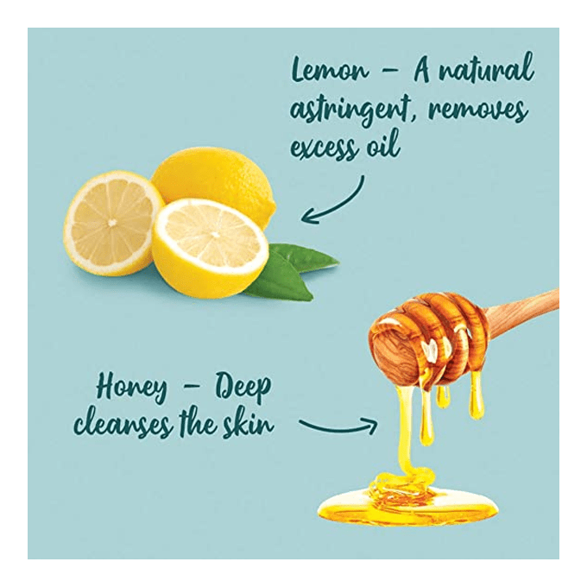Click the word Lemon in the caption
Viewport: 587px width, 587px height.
pos(330,70)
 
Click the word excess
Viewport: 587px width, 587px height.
pos(324,148)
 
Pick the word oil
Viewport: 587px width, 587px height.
pos(383,144)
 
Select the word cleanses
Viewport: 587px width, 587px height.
pos(123,424)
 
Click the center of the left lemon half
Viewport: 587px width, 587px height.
pos(111,223)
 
